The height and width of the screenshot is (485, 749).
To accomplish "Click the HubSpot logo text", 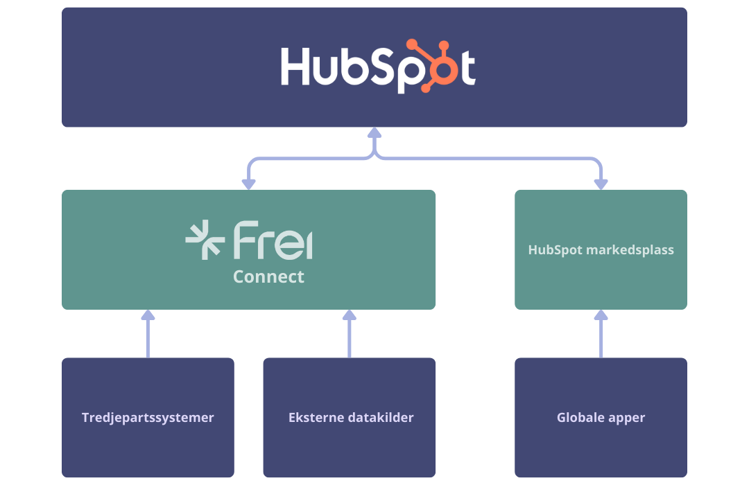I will coord(378,67).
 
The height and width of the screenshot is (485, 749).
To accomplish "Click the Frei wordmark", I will coord(273,240).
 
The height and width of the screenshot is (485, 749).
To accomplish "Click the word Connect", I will coord(268,277).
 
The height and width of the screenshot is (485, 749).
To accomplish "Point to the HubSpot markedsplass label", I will coord(601,249).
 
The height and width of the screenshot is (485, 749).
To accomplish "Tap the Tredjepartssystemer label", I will coord(148,418).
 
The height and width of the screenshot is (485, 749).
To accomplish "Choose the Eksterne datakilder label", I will coord(351,418).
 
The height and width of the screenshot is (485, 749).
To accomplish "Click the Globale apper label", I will coord(601,418).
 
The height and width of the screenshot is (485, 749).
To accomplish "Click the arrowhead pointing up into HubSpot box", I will coord(374,132).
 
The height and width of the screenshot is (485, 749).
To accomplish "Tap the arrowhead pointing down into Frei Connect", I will coord(248,184).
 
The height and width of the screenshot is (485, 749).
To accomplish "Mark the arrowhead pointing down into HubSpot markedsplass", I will coord(601,184).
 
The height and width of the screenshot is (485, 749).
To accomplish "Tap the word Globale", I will coord(580,418).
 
